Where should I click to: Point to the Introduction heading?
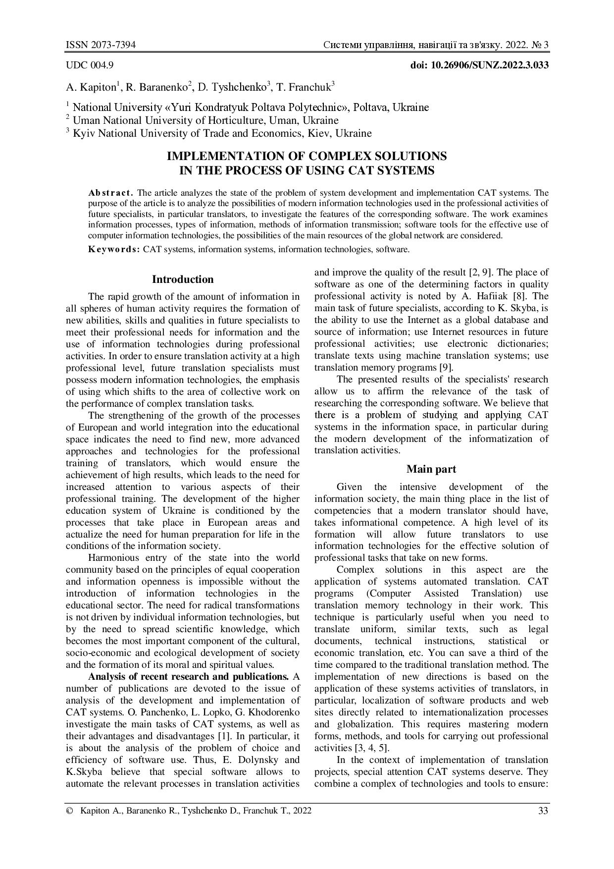pos(183,279)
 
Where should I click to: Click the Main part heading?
pos(431,469)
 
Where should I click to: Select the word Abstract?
pos(110,193)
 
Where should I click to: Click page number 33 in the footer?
pos(543,811)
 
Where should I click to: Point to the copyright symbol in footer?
pos(69,811)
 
